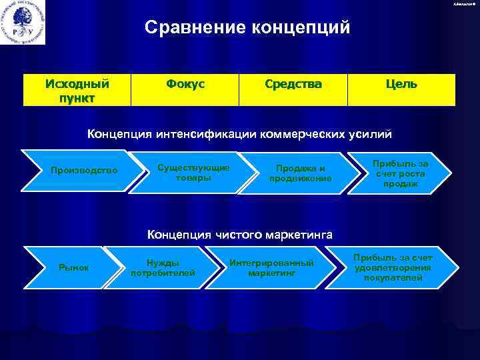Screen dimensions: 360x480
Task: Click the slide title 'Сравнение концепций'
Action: pyautogui.click(x=247, y=28)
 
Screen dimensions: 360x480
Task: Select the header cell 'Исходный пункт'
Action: pyautogui.click(x=77, y=91)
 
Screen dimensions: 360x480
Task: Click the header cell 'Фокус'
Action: pyautogui.click(x=185, y=85)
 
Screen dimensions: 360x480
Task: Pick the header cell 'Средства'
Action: pyautogui.click(x=293, y=85)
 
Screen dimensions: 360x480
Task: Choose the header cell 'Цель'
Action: pyautogui.click(x=401, y=85)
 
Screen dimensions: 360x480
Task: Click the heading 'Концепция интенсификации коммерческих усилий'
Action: pyautogui.click(x=240, y=134)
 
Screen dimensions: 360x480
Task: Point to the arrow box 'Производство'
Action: pyautogui.click(x=84, y=171)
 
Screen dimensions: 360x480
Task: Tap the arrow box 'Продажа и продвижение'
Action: pyautogui.click(x=300, y=173)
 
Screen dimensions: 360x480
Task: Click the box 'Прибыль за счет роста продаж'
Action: pyautogui.click(x=401, y=173)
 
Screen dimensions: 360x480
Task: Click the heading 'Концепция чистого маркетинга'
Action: pyautogui.click(x=240, y=234)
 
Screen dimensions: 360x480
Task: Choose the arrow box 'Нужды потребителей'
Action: pyautogui.click(x=163, y=267)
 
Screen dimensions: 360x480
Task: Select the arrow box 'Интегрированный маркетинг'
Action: pyautogui.click(x=271, y=267)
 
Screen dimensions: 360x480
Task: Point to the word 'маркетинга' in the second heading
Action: pyautogui.click(x=300, y=234)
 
